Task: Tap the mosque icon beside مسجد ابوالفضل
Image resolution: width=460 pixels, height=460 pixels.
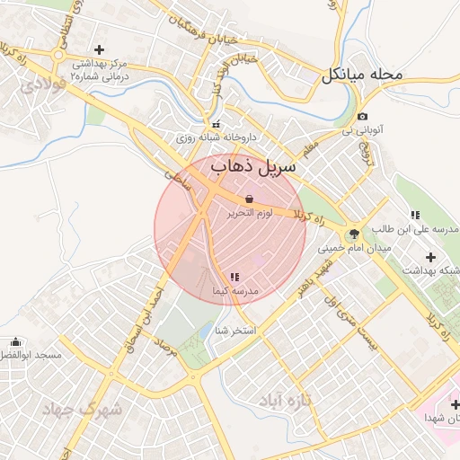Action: coord(15,342)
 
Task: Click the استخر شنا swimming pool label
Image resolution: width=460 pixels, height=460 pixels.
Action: coord(235,331)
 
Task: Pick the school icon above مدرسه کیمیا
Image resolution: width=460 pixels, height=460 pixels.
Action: coord(234,277)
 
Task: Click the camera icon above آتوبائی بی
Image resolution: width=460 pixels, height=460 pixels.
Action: coord(362,117)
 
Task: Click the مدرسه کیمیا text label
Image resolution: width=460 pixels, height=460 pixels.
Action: coord(234,292)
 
